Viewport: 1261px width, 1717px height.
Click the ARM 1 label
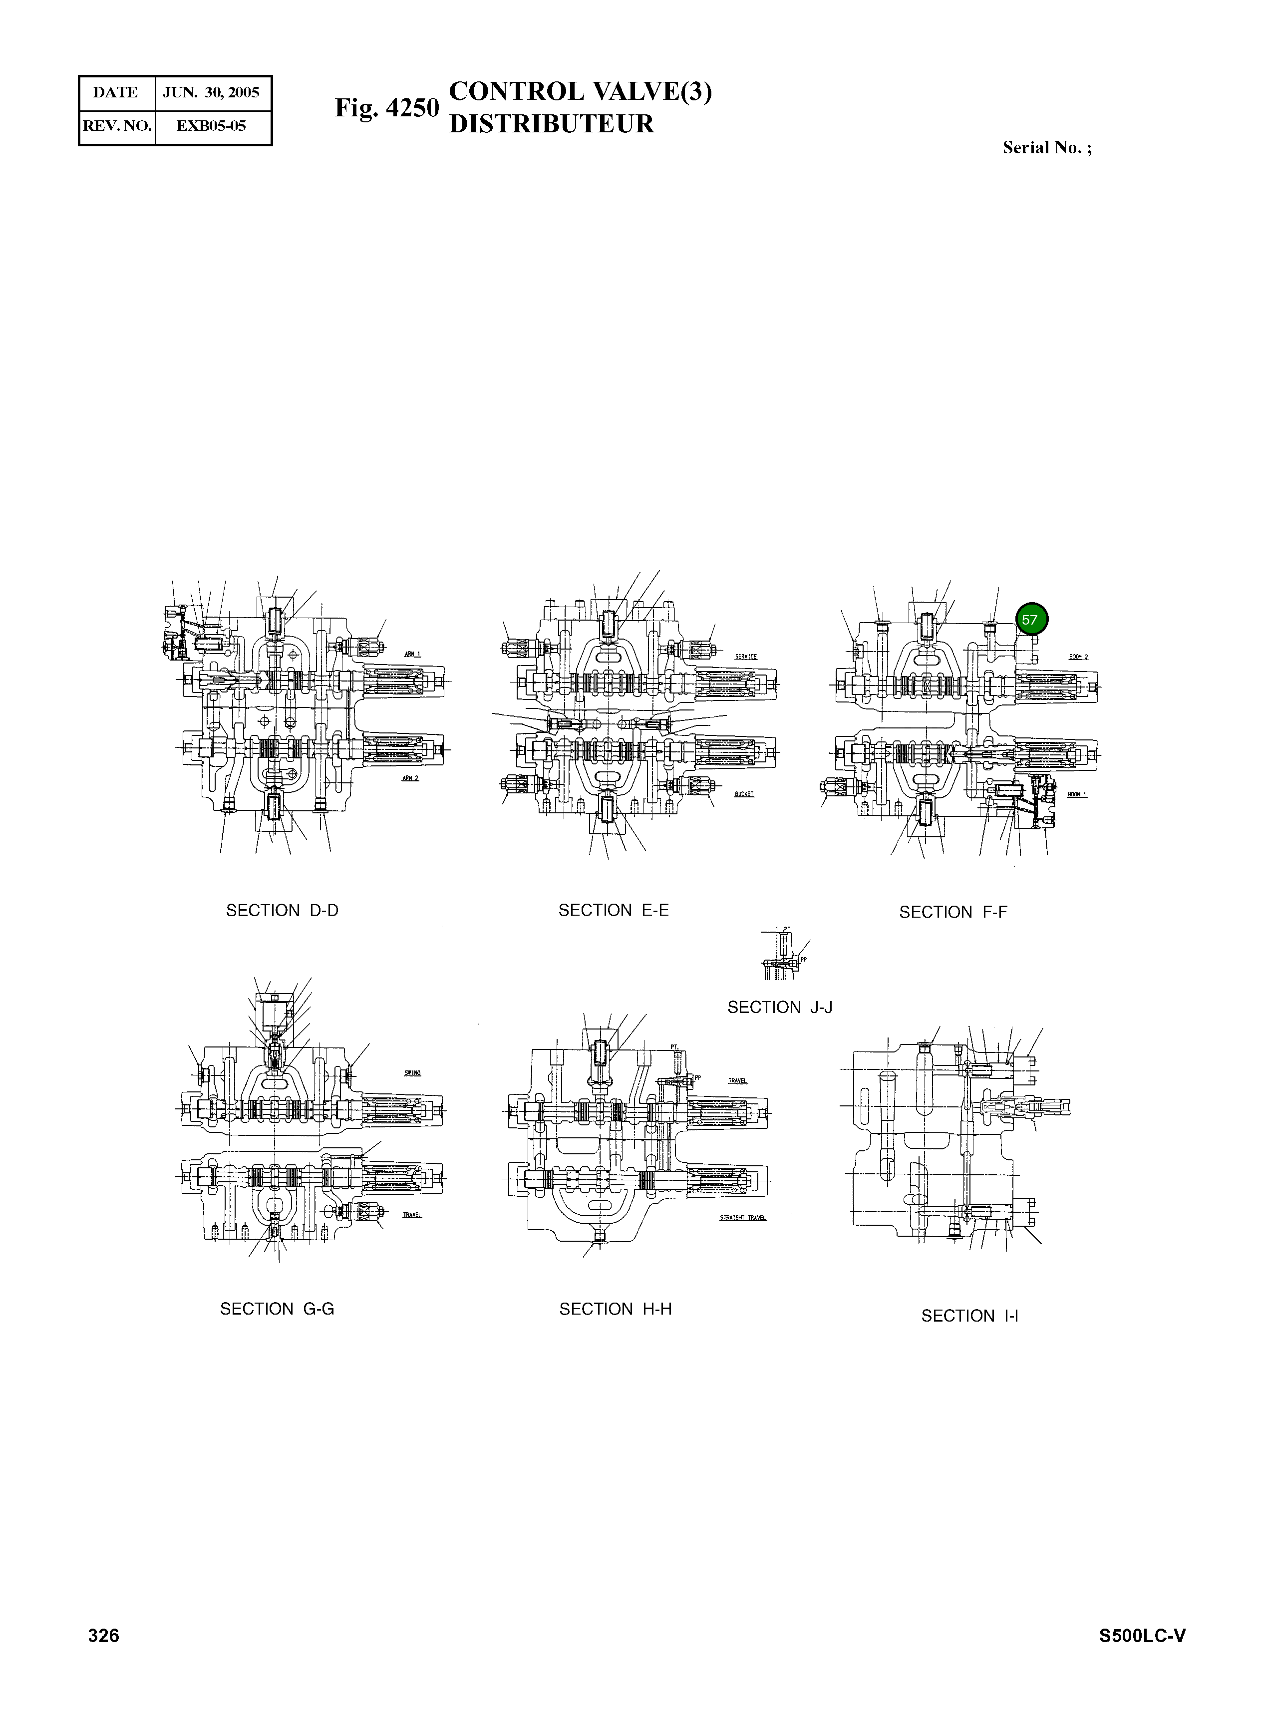pos(413,654)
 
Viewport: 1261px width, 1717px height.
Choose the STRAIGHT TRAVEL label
pos(743,1218)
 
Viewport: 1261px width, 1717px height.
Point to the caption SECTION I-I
pos(969,1316)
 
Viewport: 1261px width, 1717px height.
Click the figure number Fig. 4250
pos(387,108)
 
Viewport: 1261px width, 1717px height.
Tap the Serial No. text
pos(1046,148)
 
